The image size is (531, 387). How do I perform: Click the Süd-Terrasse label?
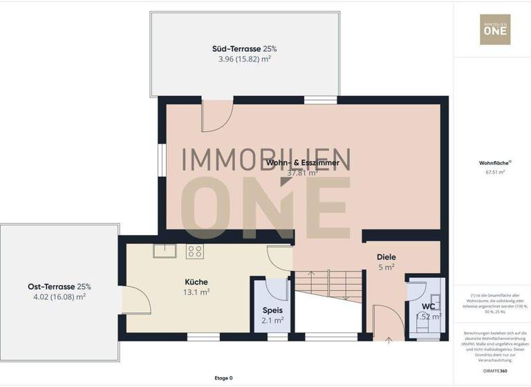(234, 49)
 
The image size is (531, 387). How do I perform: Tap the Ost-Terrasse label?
(59, 286)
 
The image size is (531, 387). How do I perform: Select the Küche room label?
(196, 281)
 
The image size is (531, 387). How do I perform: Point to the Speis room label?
(272, 310)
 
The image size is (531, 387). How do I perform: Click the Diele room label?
(386, 256)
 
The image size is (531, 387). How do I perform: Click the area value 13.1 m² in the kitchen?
(196, 292)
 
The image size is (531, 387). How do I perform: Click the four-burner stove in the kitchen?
(195, 252)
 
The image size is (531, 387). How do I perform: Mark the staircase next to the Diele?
(328, 284)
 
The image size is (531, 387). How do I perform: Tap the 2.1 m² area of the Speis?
(272, 321)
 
